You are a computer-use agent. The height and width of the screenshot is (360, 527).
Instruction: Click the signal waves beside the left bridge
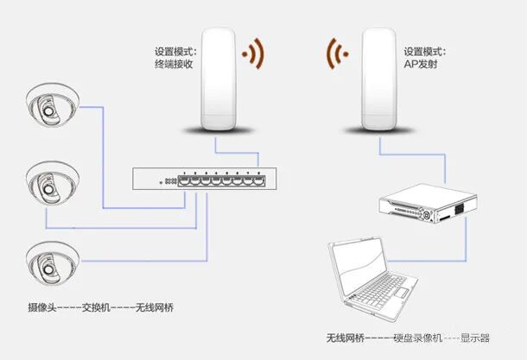pos(252,54)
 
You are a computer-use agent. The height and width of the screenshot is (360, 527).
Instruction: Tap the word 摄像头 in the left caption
pos(42,306)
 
